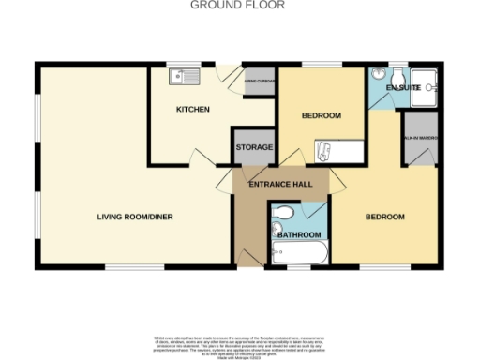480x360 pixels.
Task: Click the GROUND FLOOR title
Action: coord(238,5)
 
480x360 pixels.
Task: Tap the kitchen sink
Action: coord(178,77)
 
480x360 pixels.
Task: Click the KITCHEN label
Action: coord(192,110)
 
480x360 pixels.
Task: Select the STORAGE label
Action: coord(253,147)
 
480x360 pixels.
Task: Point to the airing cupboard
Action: coord(259,82)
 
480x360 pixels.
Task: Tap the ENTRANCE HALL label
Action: coord(279,185)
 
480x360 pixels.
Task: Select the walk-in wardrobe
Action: coord(420,137)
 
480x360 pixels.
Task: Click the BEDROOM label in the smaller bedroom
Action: coord(321,116)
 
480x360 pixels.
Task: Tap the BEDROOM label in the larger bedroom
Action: coord(384,217)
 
